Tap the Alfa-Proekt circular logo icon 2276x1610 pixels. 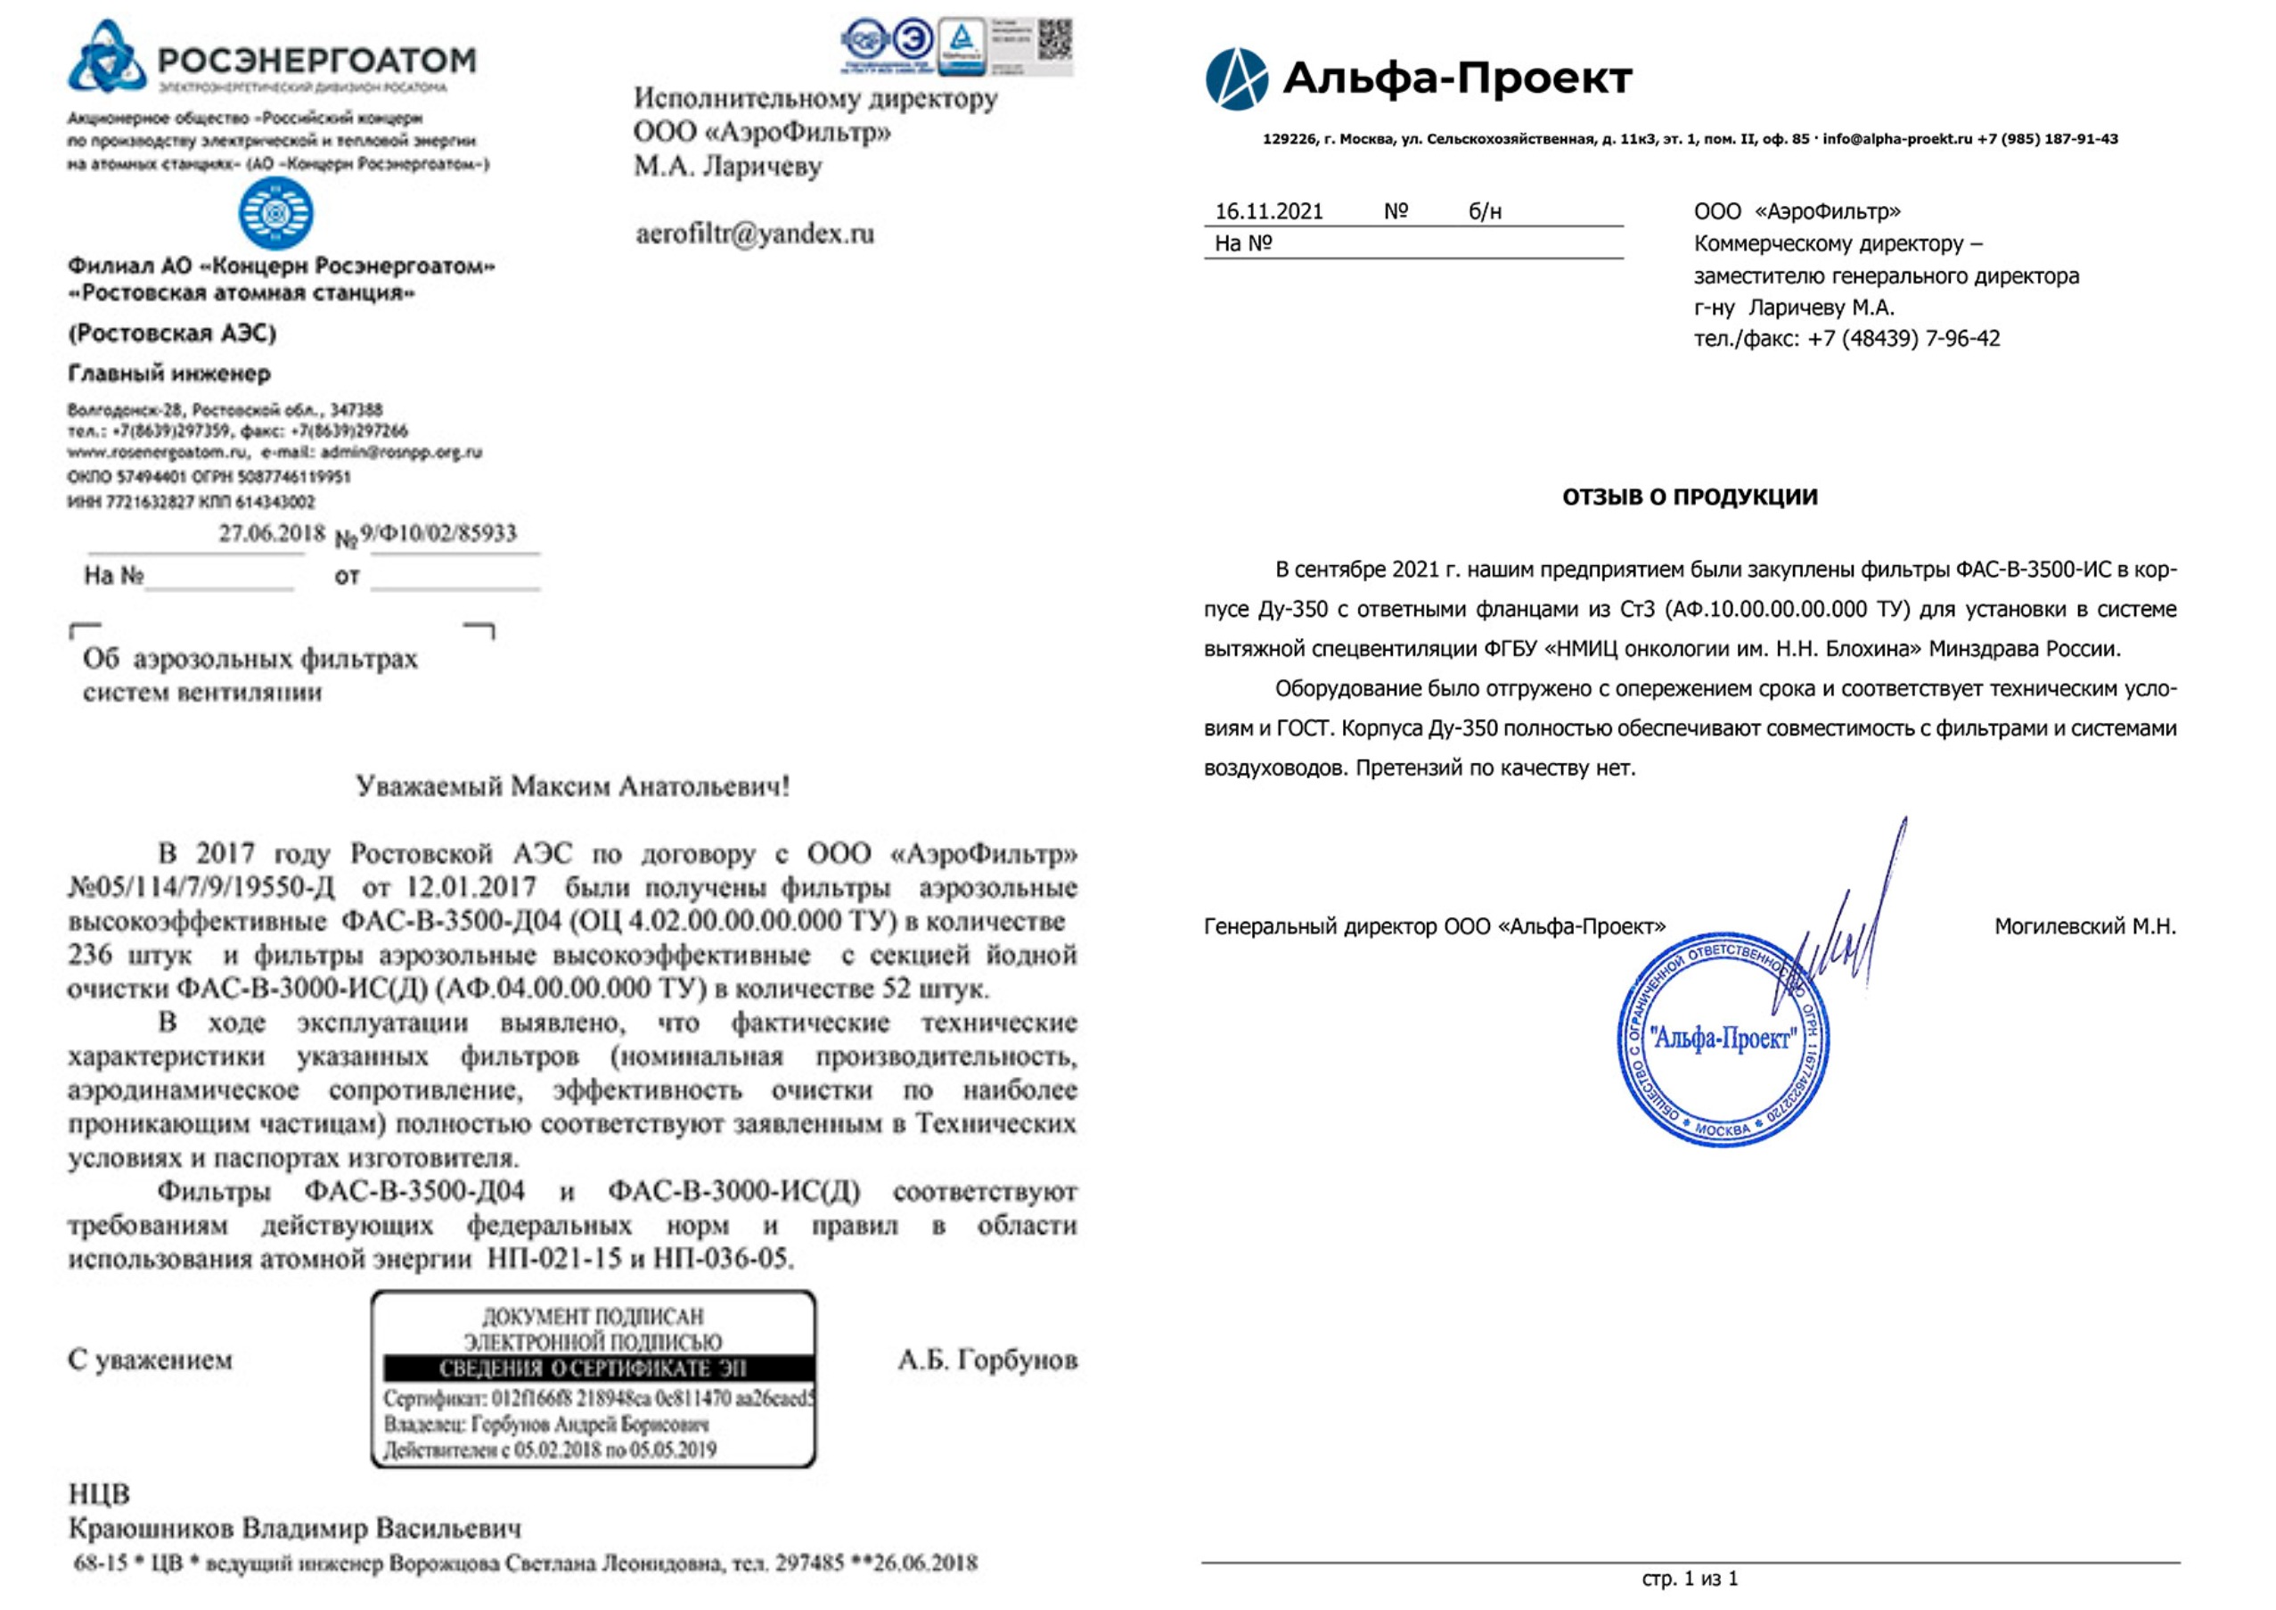coord(1236,79)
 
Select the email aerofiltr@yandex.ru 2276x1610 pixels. coord(755,234)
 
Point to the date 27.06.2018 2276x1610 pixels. coord(271,533)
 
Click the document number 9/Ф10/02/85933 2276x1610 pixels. coord(438,533)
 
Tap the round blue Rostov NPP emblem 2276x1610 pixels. coord(275,213)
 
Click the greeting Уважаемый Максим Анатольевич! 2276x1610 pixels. coord(572,786)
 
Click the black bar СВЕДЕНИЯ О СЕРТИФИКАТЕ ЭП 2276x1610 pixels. coord(593,1369)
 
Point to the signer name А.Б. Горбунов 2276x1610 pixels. coord(987,1359)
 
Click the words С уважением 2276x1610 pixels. coord(150,1359)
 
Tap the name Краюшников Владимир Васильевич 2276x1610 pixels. coord(294,1528)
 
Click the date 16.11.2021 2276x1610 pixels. coord(1269,211)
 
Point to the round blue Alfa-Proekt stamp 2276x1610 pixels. coord(1723,1041)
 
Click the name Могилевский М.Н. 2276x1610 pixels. coord(2084,926)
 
